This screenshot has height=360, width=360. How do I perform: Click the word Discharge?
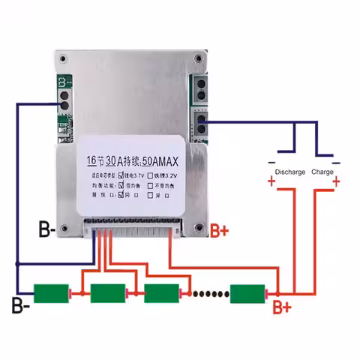pyautogui.click(x=289, y=172)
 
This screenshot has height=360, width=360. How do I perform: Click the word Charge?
pyautogui.click(x=322, y=172)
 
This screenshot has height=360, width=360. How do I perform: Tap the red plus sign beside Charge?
pyautogui.click(x=337, y=181)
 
